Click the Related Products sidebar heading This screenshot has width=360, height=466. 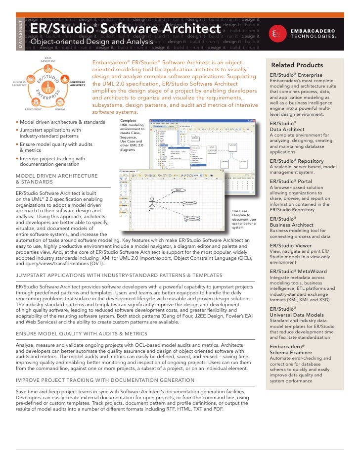point(297,65)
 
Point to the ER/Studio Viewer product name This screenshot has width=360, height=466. point(291,245)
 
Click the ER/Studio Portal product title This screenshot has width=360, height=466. point(291,182)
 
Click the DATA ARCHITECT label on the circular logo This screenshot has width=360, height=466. point(48,59)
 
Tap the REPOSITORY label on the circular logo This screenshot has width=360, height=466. point(33,109)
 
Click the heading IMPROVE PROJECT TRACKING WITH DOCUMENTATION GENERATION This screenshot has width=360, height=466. point(105,380)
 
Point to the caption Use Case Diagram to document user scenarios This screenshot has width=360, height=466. point(243,220)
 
